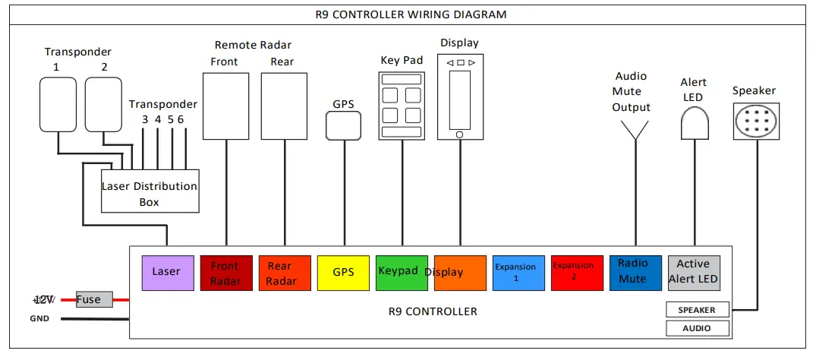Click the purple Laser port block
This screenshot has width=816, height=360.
pyautogui.click(x=167, y=273)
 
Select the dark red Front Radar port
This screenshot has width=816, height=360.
pyautogui.click(x=225, y=273)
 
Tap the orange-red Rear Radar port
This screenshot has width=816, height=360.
pyautogui.click(x=284, y=273)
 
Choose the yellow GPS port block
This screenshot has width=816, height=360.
pyautogui.click(x=343, y=273)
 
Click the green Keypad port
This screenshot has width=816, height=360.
pyautogui.click(x=402, y=273)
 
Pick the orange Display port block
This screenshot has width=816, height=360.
pyautogui.click(x=460, y=273)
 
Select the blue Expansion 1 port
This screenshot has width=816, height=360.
pyautogui.click(x=518, y=273)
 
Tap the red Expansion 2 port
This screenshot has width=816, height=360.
pyautogui.click(x=576, y=273)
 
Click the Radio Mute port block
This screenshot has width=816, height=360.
pyautogui.click(x=635, y=273)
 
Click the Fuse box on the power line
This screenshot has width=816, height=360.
pyautogui.click(x=94, y=300)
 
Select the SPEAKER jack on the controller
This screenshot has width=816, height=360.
pyautogui.click(x=698, y=310)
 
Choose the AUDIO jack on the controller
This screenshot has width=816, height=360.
pyautogui.click(x=698, y=328)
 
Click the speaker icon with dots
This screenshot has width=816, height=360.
pyautogui.click(x=756, y=121)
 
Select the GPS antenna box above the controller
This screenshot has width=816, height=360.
pyautogui.click(x=343, y=126)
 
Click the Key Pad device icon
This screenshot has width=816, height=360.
pyautogui.click(x=402, y=106)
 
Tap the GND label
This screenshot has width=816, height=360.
pyautogui.click(x=39, y=319)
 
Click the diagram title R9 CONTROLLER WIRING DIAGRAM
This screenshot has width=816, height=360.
pyautogui.click(x=411, y=14)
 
